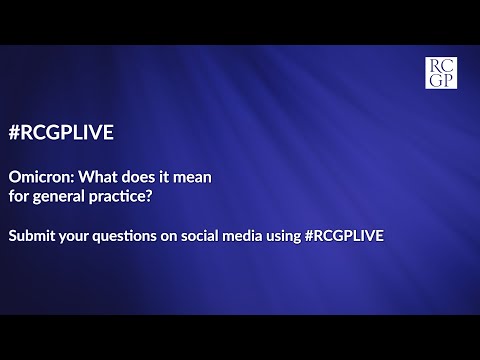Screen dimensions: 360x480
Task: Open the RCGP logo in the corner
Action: coord(441,73)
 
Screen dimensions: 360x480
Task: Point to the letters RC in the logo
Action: coord(441,65)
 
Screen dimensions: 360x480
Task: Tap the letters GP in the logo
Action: coord(441,80)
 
